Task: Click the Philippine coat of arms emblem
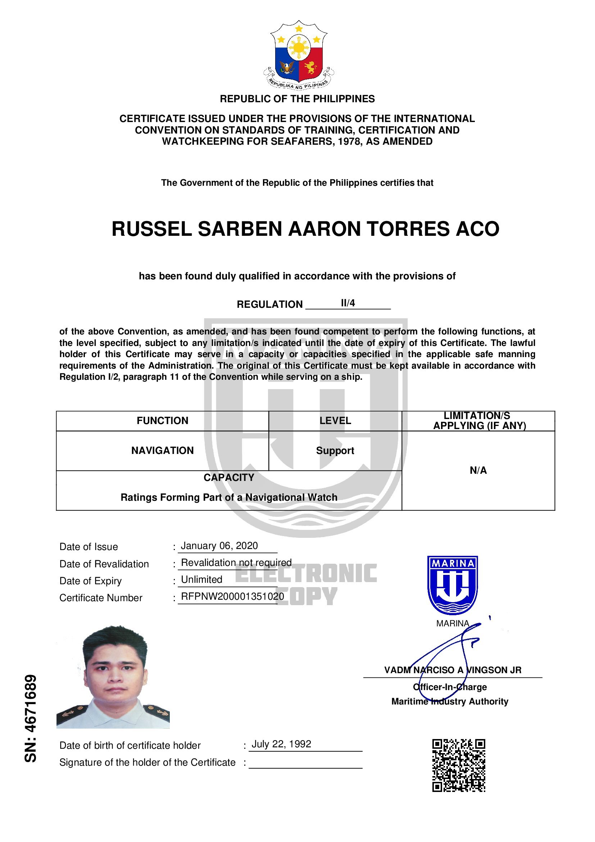coord(299,55)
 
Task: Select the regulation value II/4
coord(348,303)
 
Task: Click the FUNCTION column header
coord(162,420)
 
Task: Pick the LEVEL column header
coord(335,420)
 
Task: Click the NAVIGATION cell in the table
coord(162,450)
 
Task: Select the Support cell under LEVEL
coord(335,450)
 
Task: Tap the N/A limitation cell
coord(478,470)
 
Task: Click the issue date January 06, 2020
coord(219,546)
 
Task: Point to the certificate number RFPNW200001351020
coord(232,596)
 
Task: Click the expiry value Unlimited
coord(201,580)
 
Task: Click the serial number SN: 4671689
coord(31,719)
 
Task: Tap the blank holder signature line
coord(305,764)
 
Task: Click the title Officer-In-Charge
coord(450,687)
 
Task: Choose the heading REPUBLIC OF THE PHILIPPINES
coord(297,99)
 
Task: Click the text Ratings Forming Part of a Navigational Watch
coord(229,497)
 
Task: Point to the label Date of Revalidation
coord(104,564)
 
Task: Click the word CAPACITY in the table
coord(229,477)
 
